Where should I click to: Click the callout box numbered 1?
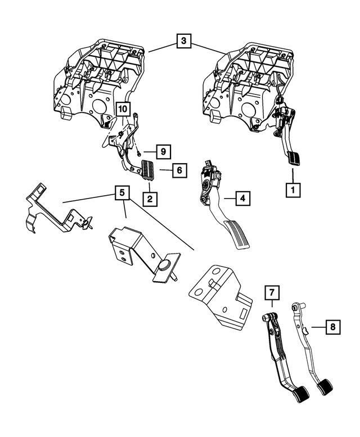[292, 190]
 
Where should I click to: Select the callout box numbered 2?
[149, 198]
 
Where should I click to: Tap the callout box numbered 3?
[183, 41]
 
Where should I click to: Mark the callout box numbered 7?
[271, 292]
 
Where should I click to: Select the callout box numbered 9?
[163, 151]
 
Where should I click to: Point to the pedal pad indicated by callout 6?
[149, 169]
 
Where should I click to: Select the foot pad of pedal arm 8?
[325, 388]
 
